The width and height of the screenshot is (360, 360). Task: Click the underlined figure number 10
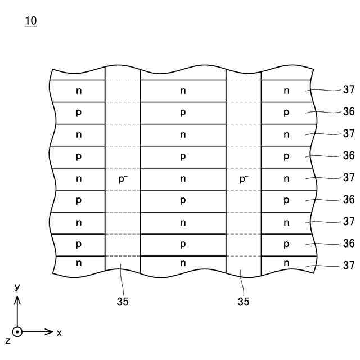coord(30,21)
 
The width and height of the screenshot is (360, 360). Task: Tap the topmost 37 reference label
coord(348,89)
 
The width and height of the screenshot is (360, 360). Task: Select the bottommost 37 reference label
coord(348,265)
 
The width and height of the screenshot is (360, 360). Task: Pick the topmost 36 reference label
coord(348,111)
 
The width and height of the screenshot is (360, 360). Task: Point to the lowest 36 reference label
coord(348,243)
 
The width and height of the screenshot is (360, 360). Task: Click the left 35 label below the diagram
coord(123,301)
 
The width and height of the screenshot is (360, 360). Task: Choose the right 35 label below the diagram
coord(243,301)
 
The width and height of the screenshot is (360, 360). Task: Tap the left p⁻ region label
coord(123,179)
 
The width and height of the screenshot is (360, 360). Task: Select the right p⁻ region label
coord(244,179)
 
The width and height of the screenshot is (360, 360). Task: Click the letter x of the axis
coord(59,332)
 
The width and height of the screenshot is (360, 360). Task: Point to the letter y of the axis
coord(17,287)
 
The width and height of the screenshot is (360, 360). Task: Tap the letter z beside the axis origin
coord(7,340)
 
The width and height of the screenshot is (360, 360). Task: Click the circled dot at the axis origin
coord(17,332)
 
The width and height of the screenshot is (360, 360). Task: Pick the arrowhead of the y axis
coord(17,299)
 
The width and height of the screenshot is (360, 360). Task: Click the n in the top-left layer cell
coord(79,91)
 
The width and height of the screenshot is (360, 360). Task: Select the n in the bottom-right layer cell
coord(286,263)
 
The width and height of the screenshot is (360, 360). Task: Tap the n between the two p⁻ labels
coord(183,179)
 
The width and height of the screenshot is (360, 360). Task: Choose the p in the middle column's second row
coord(183,112)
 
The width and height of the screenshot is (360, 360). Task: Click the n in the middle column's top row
coord(183,91)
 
